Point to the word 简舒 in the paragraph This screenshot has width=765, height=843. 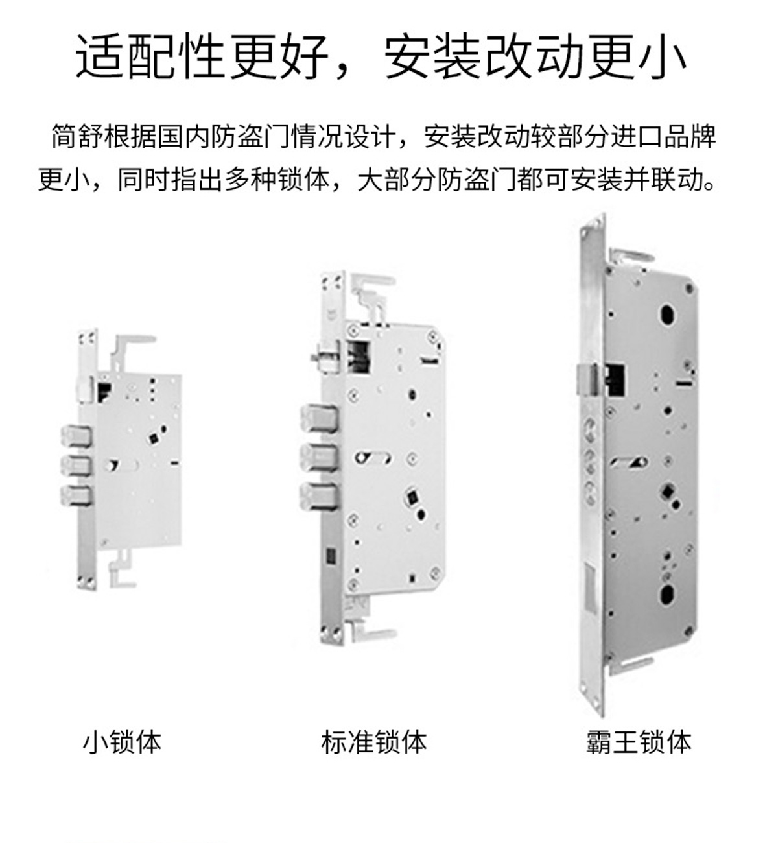click(77, 136)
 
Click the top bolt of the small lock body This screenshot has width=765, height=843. click(76, 436)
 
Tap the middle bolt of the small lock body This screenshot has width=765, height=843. click(76, 466)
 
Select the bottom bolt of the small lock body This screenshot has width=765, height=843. click(76, 495)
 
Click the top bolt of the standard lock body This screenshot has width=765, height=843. click(319, 418)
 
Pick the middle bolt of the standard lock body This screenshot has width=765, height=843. click(319, 458)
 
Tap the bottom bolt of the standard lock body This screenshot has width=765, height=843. click(319, 497)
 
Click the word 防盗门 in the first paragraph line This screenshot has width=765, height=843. click(250, 136)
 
